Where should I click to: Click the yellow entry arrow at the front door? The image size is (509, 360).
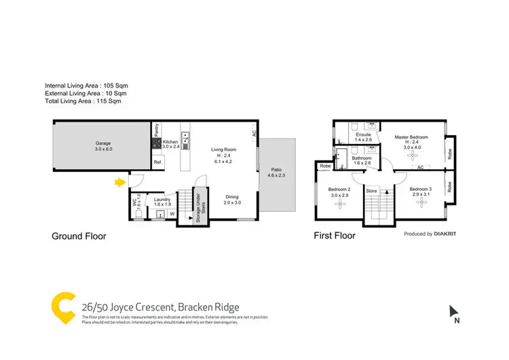(x=120, y=182)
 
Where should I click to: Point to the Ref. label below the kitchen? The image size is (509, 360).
(x=157, y=163)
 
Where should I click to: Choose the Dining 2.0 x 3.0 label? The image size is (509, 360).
(x=233, y=198)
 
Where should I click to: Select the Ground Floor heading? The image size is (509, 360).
(x=79, y=236)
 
